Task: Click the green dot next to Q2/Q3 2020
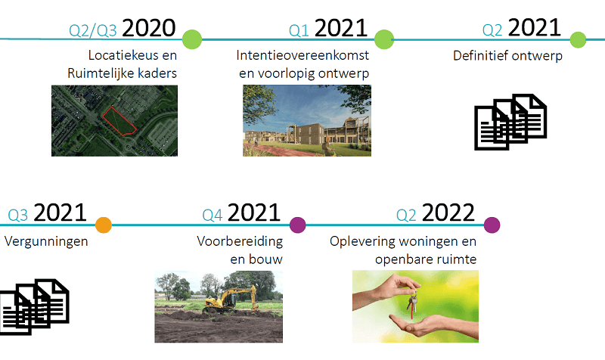point(192,39)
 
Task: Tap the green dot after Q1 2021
point(384,39)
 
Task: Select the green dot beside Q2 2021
point(578,39)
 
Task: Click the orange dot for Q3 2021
point(104,225)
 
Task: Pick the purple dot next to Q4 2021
point(298,225)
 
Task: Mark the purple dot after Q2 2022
point(492,225)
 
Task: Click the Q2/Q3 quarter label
point(92,31)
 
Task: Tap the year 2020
point(148,28)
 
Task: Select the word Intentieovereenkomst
point(302,55)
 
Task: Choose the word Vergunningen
point(46,242)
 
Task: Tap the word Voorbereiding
point(240,242)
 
